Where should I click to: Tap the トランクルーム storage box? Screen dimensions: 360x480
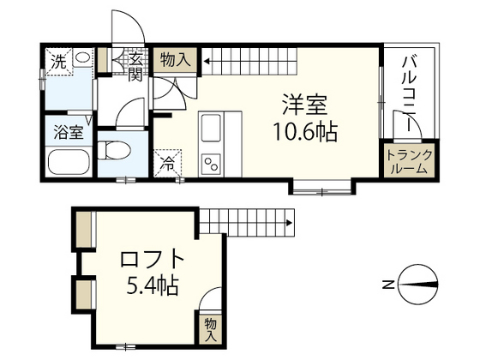pyautogui.click(x=410, y=160)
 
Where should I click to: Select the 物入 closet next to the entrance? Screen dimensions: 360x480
pyautogui.click(x=176, y=59)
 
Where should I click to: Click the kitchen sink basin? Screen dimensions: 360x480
pyautogui.click(x=211, y=131)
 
